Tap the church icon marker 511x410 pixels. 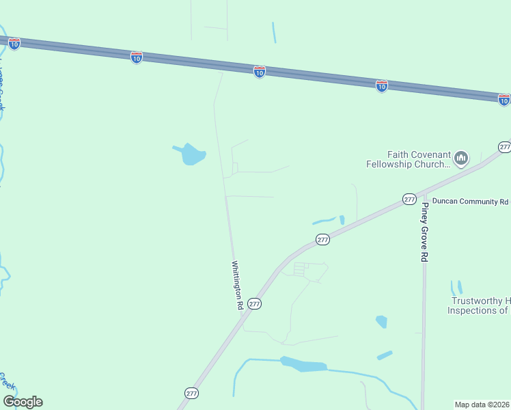(x=461, y=159)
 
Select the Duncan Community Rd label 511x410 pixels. (x=470, y=202)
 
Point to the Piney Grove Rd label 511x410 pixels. (x=424, y=232)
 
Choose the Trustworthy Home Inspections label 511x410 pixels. (x=479, y=305)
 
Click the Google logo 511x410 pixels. (x=23, y=402)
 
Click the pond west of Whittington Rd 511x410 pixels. (x=193, y=155)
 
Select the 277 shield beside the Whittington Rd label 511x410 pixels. (x=254, y=303)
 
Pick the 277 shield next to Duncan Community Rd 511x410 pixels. (x=409, y=199)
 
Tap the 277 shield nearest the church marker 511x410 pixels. (x=504, y=147)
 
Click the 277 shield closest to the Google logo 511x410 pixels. (x=191, y=393)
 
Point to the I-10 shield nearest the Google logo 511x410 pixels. (x=14, y=43)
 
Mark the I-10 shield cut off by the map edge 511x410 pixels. (x=504, y=100)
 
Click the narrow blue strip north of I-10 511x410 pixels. (x=274, y=32)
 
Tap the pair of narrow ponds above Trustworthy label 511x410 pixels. (x=456, y=287)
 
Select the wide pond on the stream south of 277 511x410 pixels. (x=303, y=364)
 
